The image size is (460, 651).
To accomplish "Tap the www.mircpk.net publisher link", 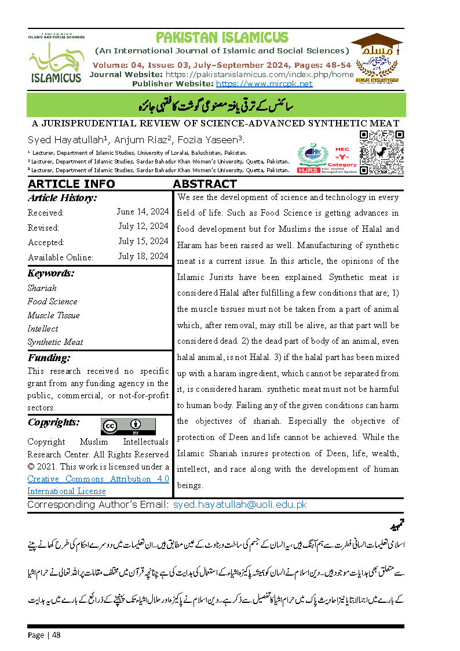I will click(x=264, y=83).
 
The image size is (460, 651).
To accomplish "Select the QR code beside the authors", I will click(x=382, y=151).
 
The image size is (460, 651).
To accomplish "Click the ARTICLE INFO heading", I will click(x=71, y=184).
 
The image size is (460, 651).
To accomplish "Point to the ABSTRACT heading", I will click(x=205, y=184).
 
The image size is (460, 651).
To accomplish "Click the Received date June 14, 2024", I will click(x=142, y=212).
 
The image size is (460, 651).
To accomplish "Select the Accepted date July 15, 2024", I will click(x=143, y=241).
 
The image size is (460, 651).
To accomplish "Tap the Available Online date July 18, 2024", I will click(x=143, y=256).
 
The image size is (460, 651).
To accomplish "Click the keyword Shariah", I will click(x=42, y=288).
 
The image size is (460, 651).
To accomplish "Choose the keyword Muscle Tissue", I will click(x=54, y=315).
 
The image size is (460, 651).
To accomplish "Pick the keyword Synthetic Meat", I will click(x=56, y=342).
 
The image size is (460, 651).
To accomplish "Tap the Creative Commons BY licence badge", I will click(x=128, y=426).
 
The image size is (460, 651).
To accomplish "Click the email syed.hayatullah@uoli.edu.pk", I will click(x=240, y=505).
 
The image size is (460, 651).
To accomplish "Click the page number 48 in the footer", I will click(x=56, y=635).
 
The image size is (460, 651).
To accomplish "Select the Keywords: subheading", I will click(x=51, y=274).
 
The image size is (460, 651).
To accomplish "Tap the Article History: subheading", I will click(x=62, y=198).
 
